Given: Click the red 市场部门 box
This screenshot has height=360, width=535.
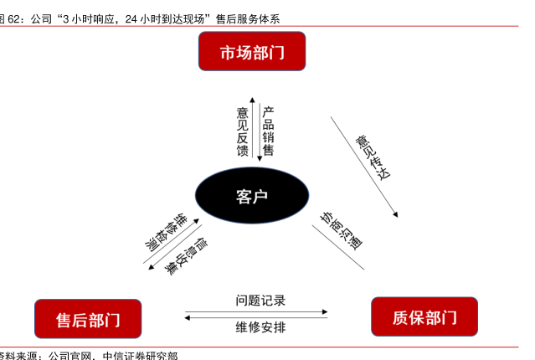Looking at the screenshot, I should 251,52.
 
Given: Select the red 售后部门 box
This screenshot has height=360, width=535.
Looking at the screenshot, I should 88,319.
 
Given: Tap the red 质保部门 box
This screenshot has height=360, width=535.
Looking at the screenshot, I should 424,317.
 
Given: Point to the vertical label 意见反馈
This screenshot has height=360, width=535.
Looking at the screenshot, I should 243,131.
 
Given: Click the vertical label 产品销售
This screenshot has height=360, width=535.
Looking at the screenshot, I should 269,131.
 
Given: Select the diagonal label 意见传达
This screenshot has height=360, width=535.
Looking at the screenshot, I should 373,156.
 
